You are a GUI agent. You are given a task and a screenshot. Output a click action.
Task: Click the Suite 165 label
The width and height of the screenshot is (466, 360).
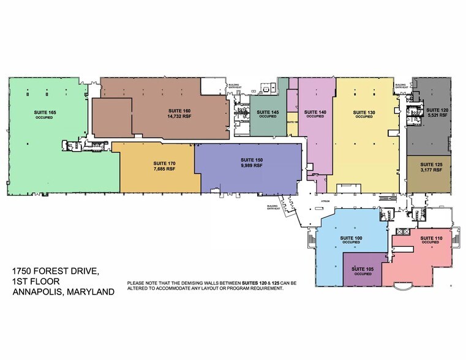click(43, 112)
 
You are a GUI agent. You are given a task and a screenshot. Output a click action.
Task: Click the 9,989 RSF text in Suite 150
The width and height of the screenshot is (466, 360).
click(251, 165)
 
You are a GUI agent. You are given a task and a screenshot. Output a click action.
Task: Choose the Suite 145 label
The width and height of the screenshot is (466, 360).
click(268, 112)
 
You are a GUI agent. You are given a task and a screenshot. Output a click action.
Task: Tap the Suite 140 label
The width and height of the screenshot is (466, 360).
click(314, 112)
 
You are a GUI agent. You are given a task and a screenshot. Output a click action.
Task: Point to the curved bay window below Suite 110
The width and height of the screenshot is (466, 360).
click(404, 287)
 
